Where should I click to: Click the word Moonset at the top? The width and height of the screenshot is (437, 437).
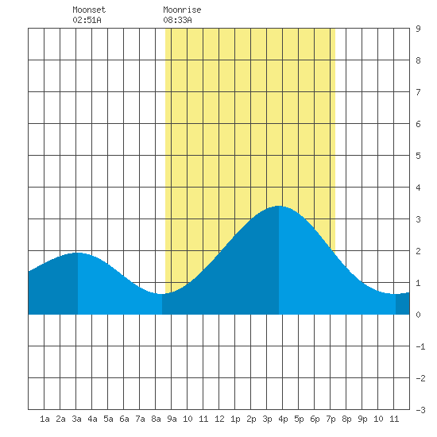tap(89, 10)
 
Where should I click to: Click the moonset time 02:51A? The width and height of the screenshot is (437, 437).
tap(87, 20)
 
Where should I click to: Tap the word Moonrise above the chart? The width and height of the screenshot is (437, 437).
tap(182, 10)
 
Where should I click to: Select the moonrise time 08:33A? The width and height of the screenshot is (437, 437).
tap(177, 20)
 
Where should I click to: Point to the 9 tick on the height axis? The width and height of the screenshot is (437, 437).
tap(418, 29)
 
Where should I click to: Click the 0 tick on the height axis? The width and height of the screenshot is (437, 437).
tap(418, 315)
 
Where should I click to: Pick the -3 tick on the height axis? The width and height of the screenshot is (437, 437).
tap(420, 410)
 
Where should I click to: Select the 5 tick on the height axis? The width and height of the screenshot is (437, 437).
tap(418, 156)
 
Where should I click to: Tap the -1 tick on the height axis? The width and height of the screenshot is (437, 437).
tap(420, 346)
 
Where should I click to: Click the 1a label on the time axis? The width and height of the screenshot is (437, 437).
tap(44, 419)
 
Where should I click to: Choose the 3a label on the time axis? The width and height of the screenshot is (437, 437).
tap(76, 419)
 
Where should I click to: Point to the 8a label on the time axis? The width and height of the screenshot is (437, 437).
tap(156, 419)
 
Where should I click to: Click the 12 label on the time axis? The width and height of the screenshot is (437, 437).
tap(219, 419)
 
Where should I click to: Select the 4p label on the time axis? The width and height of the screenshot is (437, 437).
tap(283, 419)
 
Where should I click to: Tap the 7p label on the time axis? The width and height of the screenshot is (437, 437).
tap(331, 419)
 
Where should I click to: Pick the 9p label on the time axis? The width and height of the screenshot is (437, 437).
tap(362, 419)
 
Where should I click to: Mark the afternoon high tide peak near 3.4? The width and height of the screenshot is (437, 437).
tap(279, 207)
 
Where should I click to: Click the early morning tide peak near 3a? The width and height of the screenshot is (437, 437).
tap(78, 253)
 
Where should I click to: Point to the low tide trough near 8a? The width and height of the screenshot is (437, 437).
tap(162, 294)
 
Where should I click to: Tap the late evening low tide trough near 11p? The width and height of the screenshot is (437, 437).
tap(396, 294)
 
